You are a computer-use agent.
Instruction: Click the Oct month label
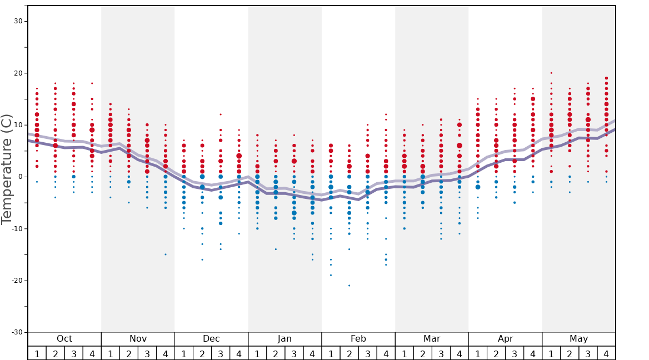click(64, 339)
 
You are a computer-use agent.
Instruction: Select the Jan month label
click(284, 339)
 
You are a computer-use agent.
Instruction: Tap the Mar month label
click(432, 339)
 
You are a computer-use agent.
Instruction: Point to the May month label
click(578, 339)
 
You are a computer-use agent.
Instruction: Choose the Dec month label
click(211, 339)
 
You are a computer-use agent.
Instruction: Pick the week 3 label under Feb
click(367, 353)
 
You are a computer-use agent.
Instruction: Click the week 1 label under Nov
click(110, 353)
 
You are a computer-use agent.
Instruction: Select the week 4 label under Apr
click(532, 353)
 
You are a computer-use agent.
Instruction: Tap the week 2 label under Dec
click(202, 353)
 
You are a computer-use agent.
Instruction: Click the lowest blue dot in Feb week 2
click(349, 286)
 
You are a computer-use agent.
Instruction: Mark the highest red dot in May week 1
click(551, 73)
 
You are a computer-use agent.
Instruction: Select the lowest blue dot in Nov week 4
click(165, 254)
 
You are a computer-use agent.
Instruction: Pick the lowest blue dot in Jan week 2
click(276, 249)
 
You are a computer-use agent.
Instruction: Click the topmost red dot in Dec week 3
click(221, 114)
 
